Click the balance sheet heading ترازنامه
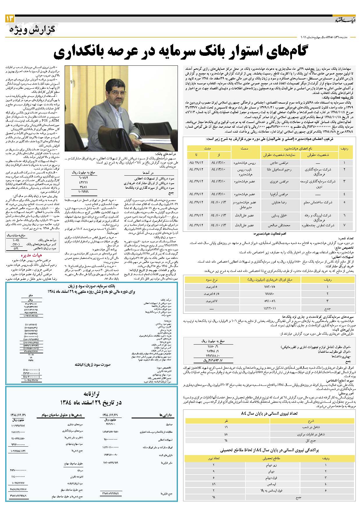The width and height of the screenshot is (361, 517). (x=91, y=394)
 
